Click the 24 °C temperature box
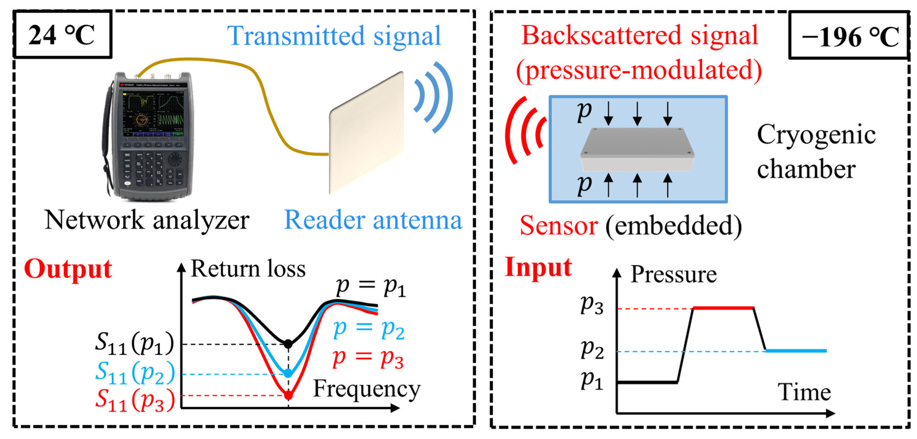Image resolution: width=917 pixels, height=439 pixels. tap(62, 34)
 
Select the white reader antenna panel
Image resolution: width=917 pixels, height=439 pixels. tap(367, 134)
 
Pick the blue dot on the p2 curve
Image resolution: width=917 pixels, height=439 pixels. tap(288, 373)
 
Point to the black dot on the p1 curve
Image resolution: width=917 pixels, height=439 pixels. tap(288, 344)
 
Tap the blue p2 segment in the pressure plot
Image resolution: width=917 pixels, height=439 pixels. tap(795, 351)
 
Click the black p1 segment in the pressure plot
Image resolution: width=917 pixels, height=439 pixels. tap(647, 382)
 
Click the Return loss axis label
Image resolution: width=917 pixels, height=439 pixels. tap(248, 269)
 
